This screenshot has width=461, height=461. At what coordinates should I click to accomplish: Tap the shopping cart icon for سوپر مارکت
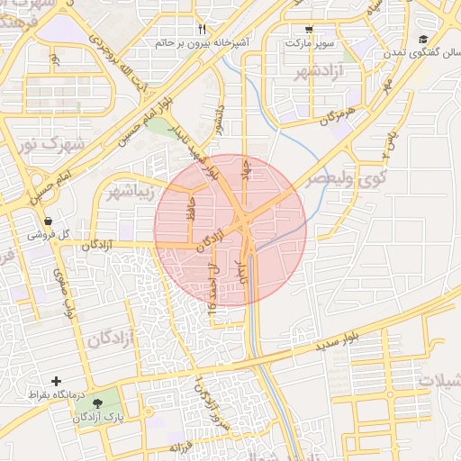point(309,29)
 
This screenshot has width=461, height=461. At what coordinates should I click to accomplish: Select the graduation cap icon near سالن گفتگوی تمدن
point(423,39)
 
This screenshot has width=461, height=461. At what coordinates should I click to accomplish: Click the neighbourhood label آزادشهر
point(315,71)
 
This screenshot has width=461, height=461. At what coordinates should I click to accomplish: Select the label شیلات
point(438,382)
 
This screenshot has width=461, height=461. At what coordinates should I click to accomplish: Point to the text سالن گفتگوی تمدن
point(423,52)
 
